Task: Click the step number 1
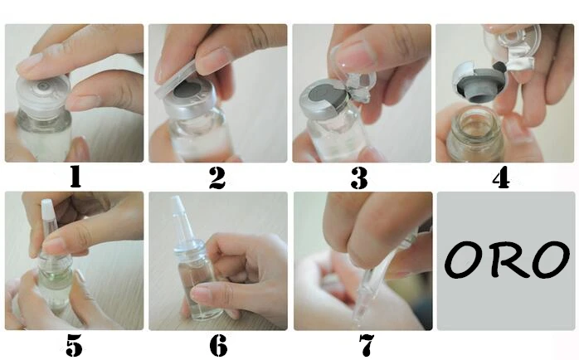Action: (75, 177)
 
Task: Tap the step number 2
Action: (217, 178)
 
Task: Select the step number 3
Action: (359, 178)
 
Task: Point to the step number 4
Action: (501, 178)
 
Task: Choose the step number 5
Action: (74, 346)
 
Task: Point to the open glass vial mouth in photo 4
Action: (475, 118)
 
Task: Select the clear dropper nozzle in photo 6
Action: (186, 219)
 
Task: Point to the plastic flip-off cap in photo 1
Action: (43, 95)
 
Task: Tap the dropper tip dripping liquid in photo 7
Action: (363, 300)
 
